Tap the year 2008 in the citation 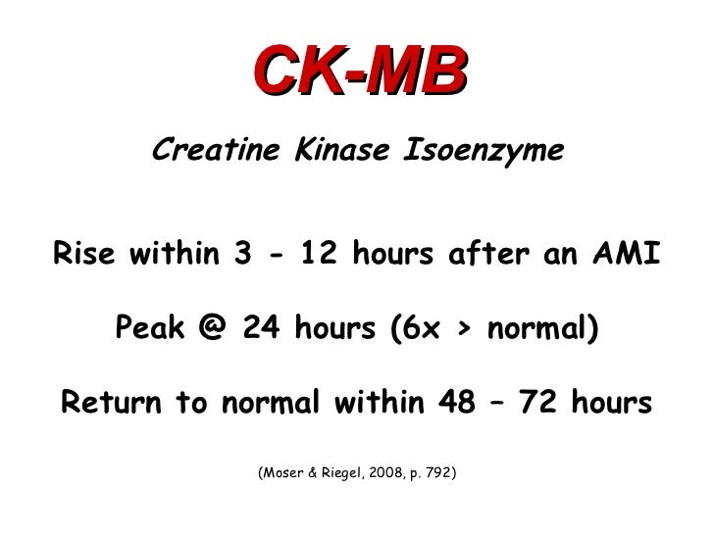point(390,473)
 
